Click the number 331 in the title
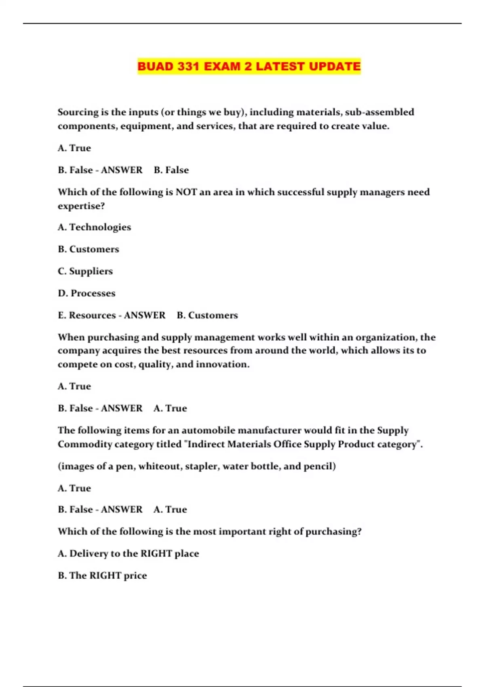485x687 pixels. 188,66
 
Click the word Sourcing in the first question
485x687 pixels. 78,112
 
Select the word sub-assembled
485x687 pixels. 380,112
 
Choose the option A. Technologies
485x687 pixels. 94,227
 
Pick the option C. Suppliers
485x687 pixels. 85,271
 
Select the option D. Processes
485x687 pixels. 86,293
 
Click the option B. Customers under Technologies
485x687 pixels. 89,249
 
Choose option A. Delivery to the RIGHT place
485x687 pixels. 129,554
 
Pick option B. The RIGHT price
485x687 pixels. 102,575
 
